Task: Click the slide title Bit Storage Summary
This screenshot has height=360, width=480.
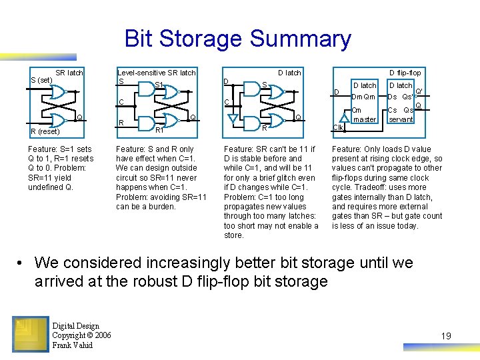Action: [237, 39]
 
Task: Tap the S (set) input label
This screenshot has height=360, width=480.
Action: [41, 81]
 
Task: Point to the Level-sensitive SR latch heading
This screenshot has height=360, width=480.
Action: [156, 73]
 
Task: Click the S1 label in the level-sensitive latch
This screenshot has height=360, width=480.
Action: [159, 85]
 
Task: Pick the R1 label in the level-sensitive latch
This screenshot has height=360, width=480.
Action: [159, 131]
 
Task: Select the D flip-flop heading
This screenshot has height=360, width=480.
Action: [405, 73]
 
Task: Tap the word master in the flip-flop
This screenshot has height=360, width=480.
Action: [364, 120]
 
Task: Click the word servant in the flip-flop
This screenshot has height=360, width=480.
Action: [401, 120]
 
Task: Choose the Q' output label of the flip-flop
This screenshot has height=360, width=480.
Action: [419, 92]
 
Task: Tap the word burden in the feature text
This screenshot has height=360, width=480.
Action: [161, 207]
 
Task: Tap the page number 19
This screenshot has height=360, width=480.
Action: [446, 336]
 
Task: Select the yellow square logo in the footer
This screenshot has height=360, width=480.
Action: [29, 334]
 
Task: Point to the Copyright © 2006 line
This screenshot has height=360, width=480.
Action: [81, 335]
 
